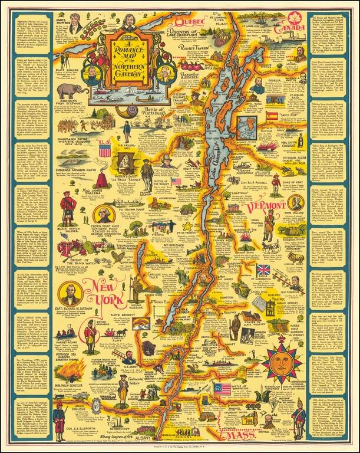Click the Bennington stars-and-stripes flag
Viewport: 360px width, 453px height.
[223, 389]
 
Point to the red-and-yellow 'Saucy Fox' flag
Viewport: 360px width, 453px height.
[272, 116]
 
